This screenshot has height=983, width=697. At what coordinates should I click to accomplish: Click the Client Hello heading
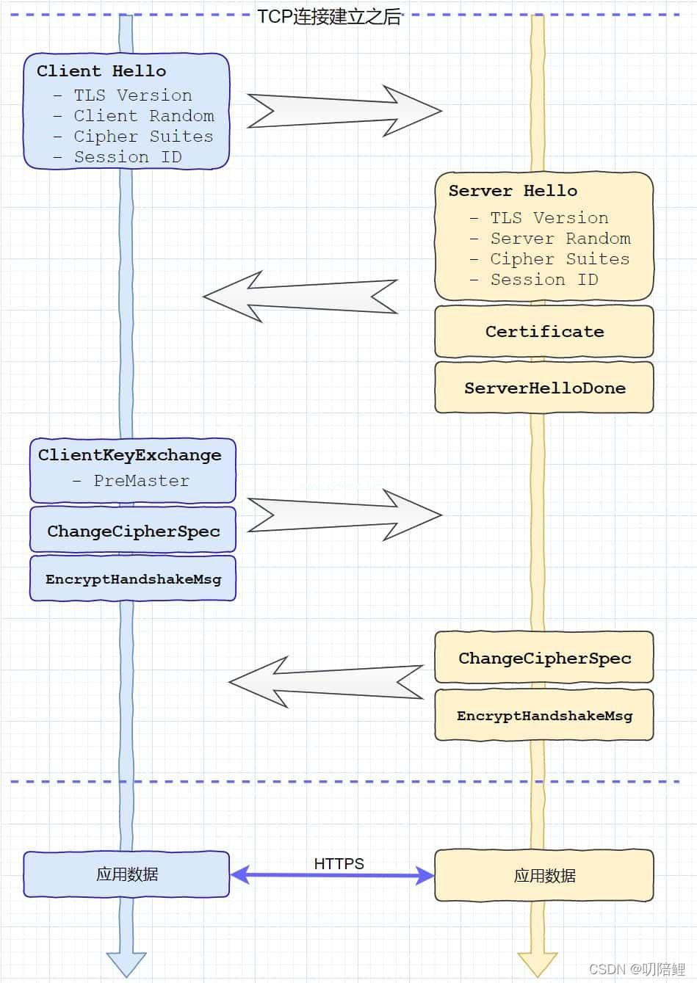pos(101,70)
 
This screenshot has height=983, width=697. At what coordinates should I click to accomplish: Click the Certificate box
pos(544,331)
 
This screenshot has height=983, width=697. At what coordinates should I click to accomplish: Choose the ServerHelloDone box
pos(544,388)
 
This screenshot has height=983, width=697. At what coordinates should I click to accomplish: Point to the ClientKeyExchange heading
pos(130,455)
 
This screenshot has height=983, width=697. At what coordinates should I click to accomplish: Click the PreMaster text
pos(141,481)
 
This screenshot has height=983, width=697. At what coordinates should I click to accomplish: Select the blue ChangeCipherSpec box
pos(133,530)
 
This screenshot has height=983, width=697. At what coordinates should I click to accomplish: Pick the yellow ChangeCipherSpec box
pos(544,657)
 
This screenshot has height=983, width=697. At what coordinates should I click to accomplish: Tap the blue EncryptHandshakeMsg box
pos(133,578)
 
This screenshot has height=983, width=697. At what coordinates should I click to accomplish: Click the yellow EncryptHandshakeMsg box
pos(544,715)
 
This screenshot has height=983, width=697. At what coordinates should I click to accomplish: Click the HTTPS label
pos(339,863)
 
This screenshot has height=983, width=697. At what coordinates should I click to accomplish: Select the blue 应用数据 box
pos(126,874)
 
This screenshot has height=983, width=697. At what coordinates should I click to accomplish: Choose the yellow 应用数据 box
pos(544,876)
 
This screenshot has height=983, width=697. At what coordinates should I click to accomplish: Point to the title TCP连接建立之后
pos(329,17)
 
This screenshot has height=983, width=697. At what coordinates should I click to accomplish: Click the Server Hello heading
pos(513,190)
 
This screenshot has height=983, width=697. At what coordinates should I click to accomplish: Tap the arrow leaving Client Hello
pos(344,111)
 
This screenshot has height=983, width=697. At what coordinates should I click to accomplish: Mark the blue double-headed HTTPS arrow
pos(332,876)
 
